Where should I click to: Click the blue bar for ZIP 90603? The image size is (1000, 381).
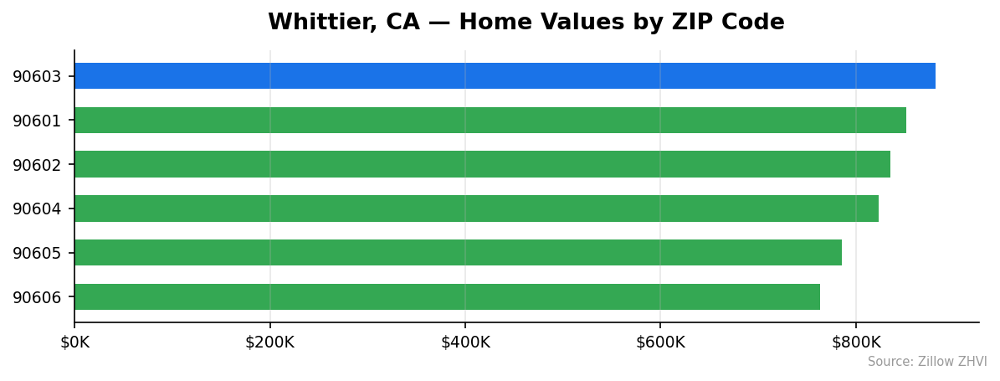[505, 76]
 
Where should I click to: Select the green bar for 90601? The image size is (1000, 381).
[490, 121]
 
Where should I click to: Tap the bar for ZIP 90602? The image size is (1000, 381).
[482, 164]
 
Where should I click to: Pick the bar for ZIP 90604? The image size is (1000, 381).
[476, 209]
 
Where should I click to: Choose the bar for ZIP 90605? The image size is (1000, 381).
[458, 253]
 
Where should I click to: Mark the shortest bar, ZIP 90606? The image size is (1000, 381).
[447, 297]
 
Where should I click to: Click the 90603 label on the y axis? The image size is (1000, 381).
[37, 77]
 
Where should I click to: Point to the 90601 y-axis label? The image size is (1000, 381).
[37, 121]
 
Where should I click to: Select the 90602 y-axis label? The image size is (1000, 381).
[37, 165]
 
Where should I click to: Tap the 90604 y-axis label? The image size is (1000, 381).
[37, 209]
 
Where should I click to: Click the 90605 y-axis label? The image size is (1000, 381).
[37, 254]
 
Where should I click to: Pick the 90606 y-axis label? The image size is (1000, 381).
[37, 297]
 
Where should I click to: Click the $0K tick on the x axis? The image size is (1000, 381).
[74, 342]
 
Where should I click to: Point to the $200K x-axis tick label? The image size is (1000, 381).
[269, 342]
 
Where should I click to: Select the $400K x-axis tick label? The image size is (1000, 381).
[465, 342]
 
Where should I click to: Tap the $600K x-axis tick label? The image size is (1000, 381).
[660, 342]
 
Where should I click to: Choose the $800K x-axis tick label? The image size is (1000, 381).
[856, 342]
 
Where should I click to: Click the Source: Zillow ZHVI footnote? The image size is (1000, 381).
[927, 362]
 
